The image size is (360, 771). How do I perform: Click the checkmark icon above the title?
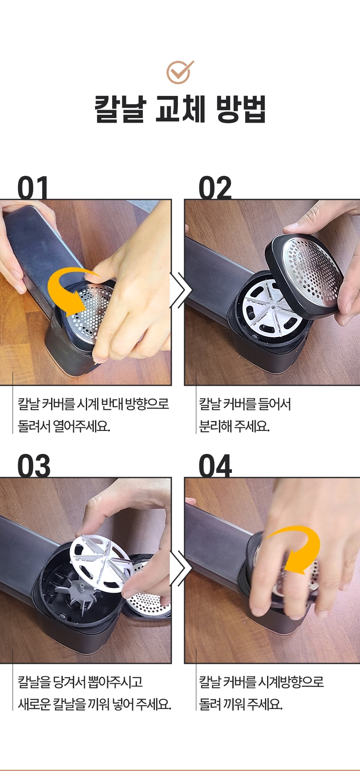180,72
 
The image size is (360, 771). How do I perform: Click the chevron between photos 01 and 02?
180,290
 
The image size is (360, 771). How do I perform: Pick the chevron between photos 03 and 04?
180,568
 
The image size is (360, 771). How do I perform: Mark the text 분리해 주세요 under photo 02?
234,426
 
